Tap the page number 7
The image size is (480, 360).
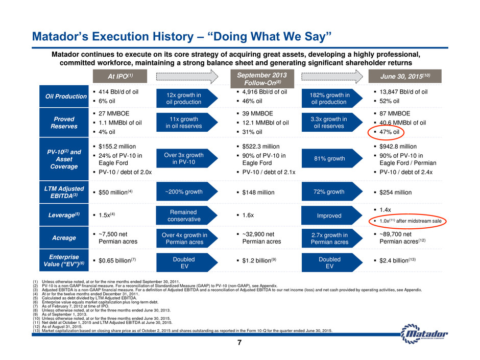tap(239, 343)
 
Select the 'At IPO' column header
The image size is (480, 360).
tap(120, 76)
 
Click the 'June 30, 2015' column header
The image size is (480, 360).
tap(405, 76)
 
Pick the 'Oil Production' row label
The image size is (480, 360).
tap(64, 97)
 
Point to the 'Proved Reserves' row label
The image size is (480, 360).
tap(64, 123)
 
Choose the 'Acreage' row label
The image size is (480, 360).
tap(64, 238)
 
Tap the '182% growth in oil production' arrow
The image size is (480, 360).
tap(332, 99)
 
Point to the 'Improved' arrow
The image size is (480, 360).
tap(332, 215)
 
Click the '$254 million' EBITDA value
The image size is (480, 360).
tap(396, 192)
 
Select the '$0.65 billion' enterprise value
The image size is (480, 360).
tap(117, 260)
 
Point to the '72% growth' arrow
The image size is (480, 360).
tap(332, 191)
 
